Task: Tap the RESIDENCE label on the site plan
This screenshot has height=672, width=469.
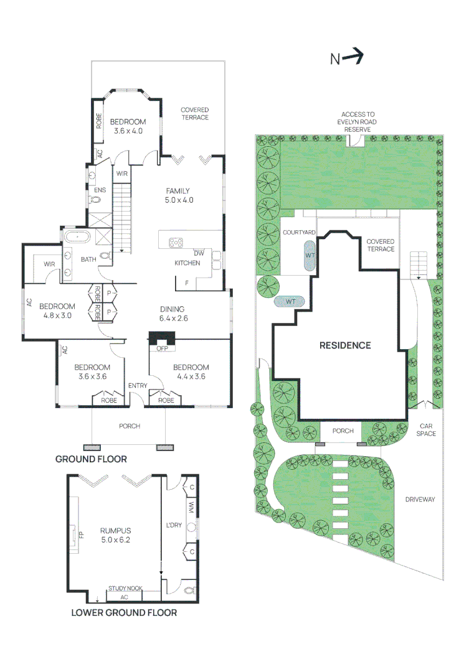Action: pyautogui.click(x=345, y=345)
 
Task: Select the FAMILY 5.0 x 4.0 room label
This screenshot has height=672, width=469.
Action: pyautogui.click(x=179, y=195)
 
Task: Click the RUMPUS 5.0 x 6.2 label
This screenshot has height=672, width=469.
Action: pyautogui.click(x=115, y=535)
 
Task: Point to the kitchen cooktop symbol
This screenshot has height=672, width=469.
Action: pyautogui.click(x=176, y=243)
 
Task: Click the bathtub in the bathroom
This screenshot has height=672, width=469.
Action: pyautogui.click(x=77, y=236)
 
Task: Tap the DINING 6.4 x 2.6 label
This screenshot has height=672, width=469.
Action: pyautogui.click(x=173, y=314)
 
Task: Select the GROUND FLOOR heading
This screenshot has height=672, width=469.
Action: pyautogui.click(x=91, y=459)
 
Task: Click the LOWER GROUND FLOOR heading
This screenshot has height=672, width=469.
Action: pyautogui.click(x=124, y=613)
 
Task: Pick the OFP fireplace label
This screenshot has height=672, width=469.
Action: pyautogui.click(x=162, y=348)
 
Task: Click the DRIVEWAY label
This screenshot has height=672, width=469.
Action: pyautogui.click(x=420, y=499)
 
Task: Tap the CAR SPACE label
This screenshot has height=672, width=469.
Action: pyautogui.click(x=426, y=430)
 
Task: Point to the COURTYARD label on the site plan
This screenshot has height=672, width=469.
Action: pyautogui.click(x=299, y=232)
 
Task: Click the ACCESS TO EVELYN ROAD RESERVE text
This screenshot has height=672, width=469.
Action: pyautogui.click(x=358, y=122)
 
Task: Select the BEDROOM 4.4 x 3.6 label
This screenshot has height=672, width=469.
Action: pyautogui.click(x=191, y=372)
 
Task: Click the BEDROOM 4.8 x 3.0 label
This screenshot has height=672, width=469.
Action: pyautogui.click(x=57, y=310)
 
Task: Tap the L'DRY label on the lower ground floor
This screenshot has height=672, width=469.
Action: pyautogui.click(x=174, y=525)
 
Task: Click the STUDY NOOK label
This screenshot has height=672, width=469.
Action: pyautogui.click(x=125, y=589)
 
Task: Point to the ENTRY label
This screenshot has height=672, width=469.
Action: pyautogui.click(x=137, y=386)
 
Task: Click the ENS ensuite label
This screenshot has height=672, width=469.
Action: pyautogui.click(x=100, y=190)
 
